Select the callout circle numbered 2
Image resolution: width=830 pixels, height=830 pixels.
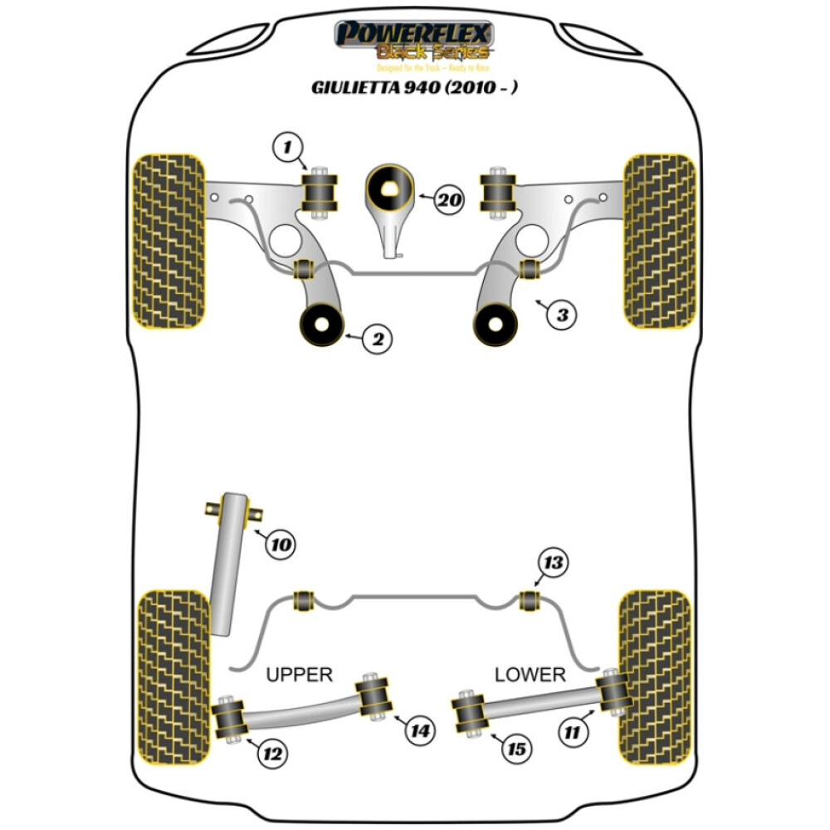click(378, 339)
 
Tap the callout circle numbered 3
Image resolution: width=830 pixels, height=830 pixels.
click(562, 315)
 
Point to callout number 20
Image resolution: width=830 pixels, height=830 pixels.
click(448, 199)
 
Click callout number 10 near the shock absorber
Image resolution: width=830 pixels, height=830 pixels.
click(281, 544)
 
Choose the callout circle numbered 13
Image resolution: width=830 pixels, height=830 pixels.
click(553, 563)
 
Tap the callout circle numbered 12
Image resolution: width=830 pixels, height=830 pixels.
click(271, 754)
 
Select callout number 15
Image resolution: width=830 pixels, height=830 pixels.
click(515, 749)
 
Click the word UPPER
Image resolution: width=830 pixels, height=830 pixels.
click(299, 674)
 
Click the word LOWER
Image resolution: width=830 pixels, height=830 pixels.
click(530, 674)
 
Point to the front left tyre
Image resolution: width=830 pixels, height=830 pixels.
click(168, 241)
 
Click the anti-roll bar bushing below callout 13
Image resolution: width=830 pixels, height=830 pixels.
click(529, 598)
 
